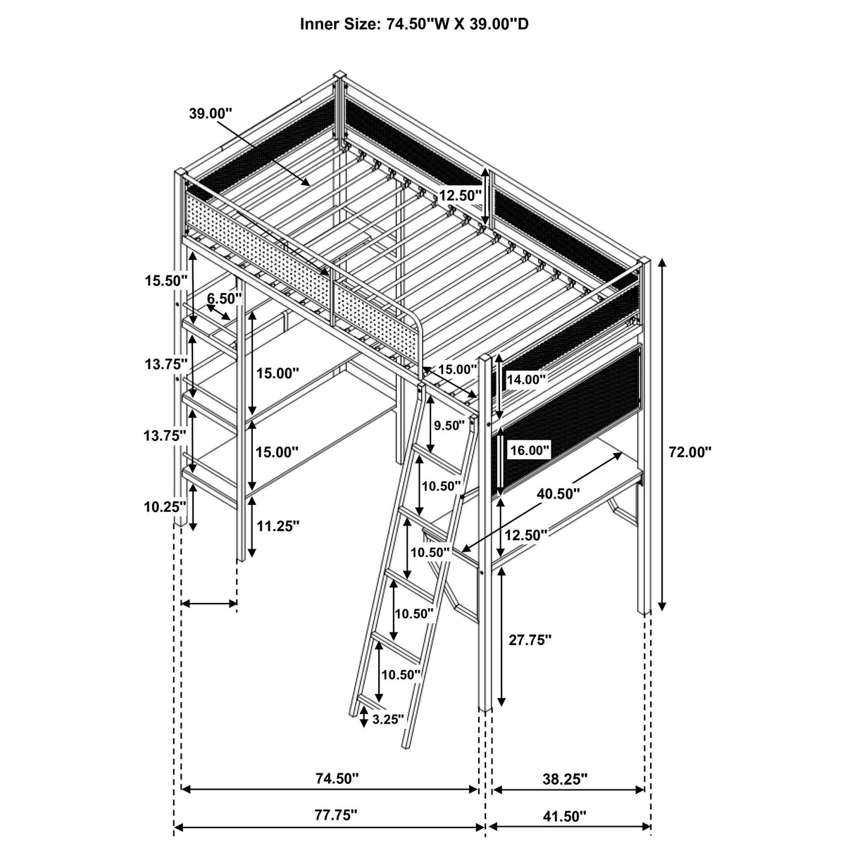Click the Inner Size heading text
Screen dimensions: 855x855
tap(416, 24)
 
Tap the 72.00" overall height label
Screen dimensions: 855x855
tap(690, 452)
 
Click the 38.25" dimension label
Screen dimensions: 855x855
tap(566, 779)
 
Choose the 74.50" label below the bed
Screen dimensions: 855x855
tap(336, 779)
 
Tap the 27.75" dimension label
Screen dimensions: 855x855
tap(530, 639)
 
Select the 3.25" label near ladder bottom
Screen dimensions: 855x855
tap(388, 719)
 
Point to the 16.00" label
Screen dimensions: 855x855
tap(528, 449)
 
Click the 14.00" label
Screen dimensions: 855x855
tap(526, 379)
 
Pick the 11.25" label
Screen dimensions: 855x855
tap(277, 525)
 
